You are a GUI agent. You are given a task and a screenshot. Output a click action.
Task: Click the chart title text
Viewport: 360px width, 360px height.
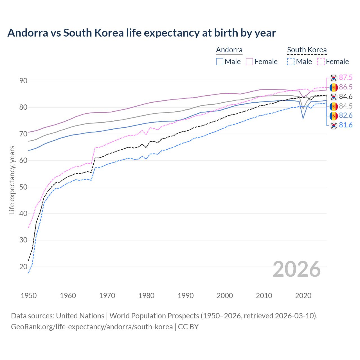click(x=141, y=33)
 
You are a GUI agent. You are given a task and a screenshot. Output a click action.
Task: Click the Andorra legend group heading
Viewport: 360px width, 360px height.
click(x=229, y=50)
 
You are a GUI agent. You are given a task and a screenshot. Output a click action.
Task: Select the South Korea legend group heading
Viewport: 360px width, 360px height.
click(x=307, y=50)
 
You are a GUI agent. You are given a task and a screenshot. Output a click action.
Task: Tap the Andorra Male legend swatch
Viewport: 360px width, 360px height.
click(x=220, y=62)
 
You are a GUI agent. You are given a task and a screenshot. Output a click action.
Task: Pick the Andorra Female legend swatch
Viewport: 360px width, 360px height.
click(x=249, y=62)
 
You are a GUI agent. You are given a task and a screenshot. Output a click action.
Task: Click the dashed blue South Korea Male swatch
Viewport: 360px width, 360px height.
click(x=291, y=62)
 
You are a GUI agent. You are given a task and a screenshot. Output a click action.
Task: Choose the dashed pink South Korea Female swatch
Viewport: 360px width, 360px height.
click(x=321, y=62)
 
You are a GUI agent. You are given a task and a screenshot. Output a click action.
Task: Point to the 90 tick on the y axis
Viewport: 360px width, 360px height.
click(x=23, y=81)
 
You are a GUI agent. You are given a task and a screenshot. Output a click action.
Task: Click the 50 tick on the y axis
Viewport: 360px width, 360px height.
click(x=23, y=187)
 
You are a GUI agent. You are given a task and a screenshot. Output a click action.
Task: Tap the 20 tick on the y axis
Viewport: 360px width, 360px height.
click(x=23, y=267)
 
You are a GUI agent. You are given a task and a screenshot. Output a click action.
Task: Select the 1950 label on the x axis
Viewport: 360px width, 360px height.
click(x=29, y=296)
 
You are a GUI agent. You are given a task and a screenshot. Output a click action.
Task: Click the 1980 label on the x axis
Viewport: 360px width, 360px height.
click(x=146, y=296)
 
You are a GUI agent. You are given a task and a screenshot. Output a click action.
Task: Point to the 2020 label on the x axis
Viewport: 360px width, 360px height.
click(x=303, y=296)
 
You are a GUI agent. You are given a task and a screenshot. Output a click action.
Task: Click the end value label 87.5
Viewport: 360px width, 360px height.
click(x=346, y=78)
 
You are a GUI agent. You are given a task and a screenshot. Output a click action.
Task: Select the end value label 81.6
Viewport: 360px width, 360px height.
click(x=346, y=125)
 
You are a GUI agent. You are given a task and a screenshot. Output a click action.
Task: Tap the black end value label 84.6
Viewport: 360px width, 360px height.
click(x=346, y=97)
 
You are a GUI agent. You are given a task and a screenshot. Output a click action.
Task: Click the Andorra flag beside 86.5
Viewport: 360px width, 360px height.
click(x=334, y=87)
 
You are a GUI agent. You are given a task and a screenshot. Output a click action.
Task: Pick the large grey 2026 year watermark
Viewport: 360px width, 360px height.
click(x=296, y=269)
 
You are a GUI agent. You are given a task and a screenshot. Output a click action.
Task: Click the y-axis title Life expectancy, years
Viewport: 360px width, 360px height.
click(x=12, y=180)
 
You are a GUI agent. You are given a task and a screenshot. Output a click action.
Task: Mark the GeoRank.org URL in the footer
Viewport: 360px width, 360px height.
click(x=92, y=327)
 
